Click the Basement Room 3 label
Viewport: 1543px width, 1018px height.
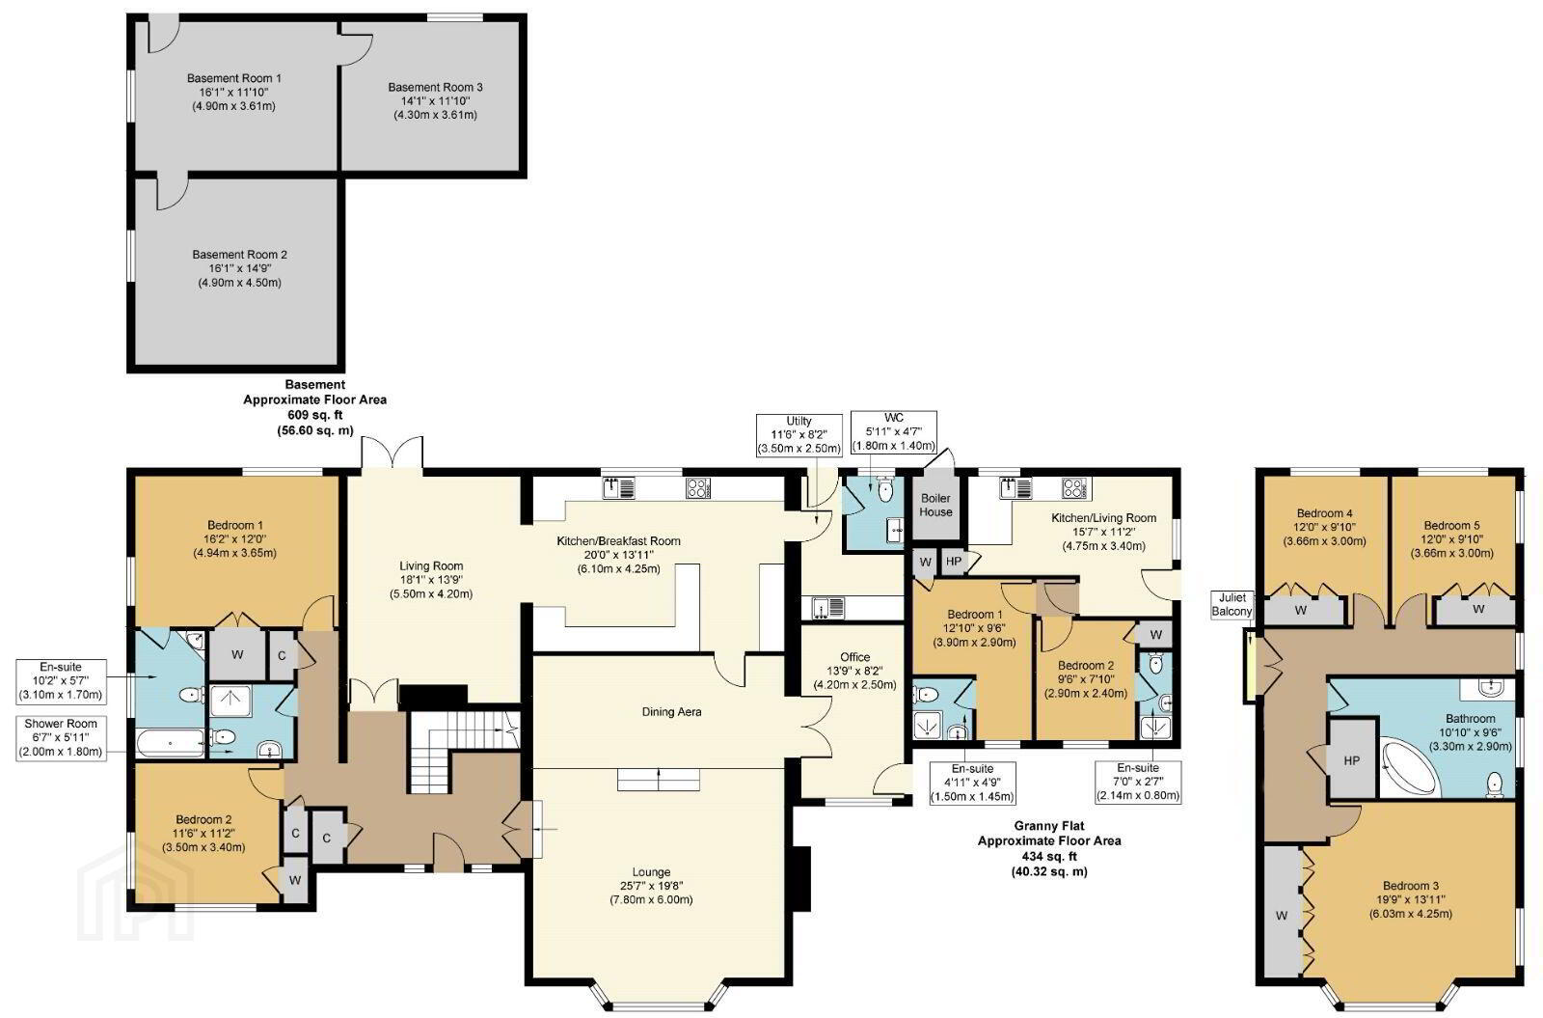click(x=435, y=100)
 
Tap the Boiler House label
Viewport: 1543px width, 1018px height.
click(x=935, y=505)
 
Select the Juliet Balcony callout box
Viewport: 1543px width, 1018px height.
click(x=1232, y=604)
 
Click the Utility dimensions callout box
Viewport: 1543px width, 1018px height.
click(x=799, y=435)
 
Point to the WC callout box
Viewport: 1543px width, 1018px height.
click(x=893, y=432)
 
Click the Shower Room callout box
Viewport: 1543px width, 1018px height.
click(x=61, y=737)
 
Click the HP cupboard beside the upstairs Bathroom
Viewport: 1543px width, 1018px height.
click(x=1351, y=759)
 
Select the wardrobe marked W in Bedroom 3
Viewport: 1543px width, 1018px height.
click(x=1282, y=916)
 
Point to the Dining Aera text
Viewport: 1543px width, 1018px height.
click(x=671, y=711)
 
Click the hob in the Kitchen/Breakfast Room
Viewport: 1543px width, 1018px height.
click(x=697, y=488)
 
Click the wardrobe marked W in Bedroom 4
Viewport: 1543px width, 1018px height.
click(x=1301, y=610)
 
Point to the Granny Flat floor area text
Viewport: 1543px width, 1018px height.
click(x=1049, y=848)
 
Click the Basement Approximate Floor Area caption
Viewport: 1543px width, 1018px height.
click(x=314, y=407)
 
